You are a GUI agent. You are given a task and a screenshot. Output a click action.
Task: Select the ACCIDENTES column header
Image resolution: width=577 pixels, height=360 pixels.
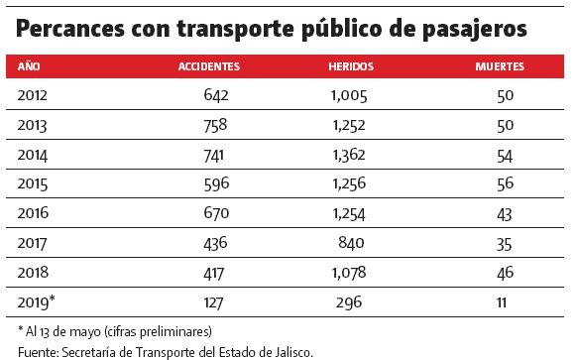pos(208,67)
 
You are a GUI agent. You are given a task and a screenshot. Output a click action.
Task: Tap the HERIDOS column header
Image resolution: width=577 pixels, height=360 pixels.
pos(350,67)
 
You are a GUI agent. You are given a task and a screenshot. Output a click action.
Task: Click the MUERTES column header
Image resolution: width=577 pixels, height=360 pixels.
pos(501,67)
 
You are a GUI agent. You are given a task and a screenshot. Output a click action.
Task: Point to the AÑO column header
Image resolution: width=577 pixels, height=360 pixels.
pos(29,67)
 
